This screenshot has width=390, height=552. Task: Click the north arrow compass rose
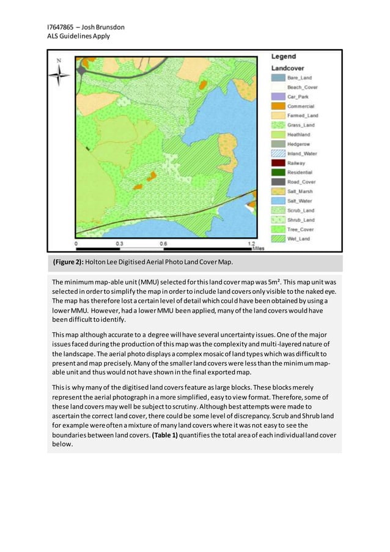(59, 75)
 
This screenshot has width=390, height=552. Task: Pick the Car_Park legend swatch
(279, 97)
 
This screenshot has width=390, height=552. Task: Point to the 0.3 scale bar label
(120, 243)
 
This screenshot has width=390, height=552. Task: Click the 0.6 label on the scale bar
(163, 243)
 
